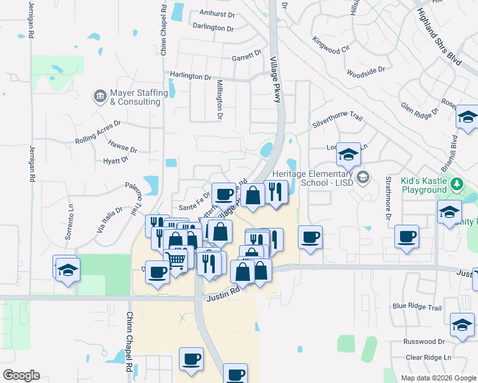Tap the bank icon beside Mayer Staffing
click(x=100, y=96)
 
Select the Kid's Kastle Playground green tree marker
click(x=456, y=185)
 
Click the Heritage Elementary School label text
click(x=312, y=179)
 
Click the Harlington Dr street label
click(x=190, y=76)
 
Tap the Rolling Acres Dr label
click(x=97, y=132)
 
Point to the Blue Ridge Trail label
click(x=417, y=307)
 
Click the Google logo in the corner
click(x=21, y=375)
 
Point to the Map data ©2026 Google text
click(x=437, y=378)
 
